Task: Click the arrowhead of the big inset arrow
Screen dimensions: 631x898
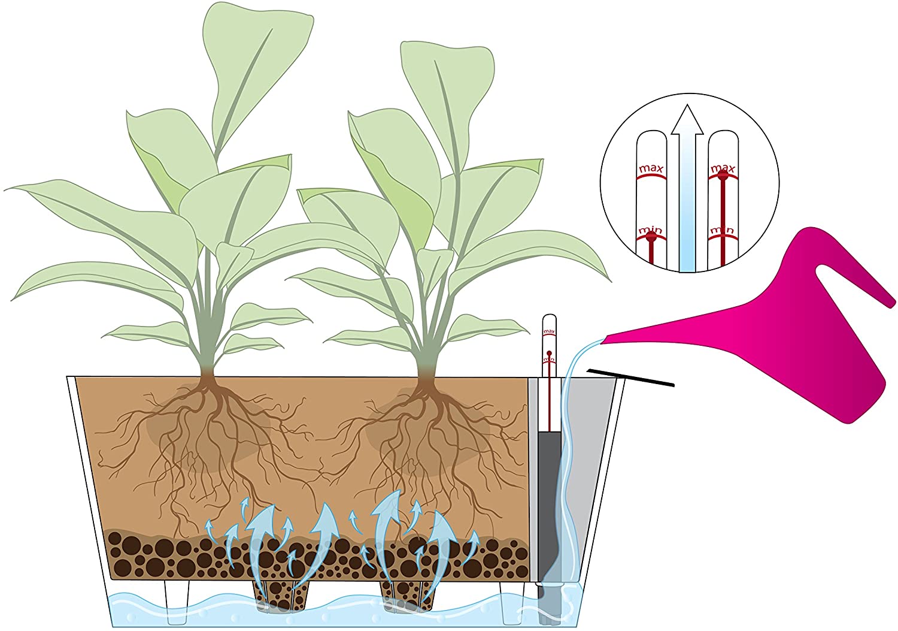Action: [687, 120]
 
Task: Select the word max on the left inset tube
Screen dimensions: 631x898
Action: [651, 169]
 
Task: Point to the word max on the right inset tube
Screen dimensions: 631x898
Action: [723, 168]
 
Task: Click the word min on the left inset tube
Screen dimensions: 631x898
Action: [650, 230]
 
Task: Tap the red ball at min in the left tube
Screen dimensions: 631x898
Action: [651, 237]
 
